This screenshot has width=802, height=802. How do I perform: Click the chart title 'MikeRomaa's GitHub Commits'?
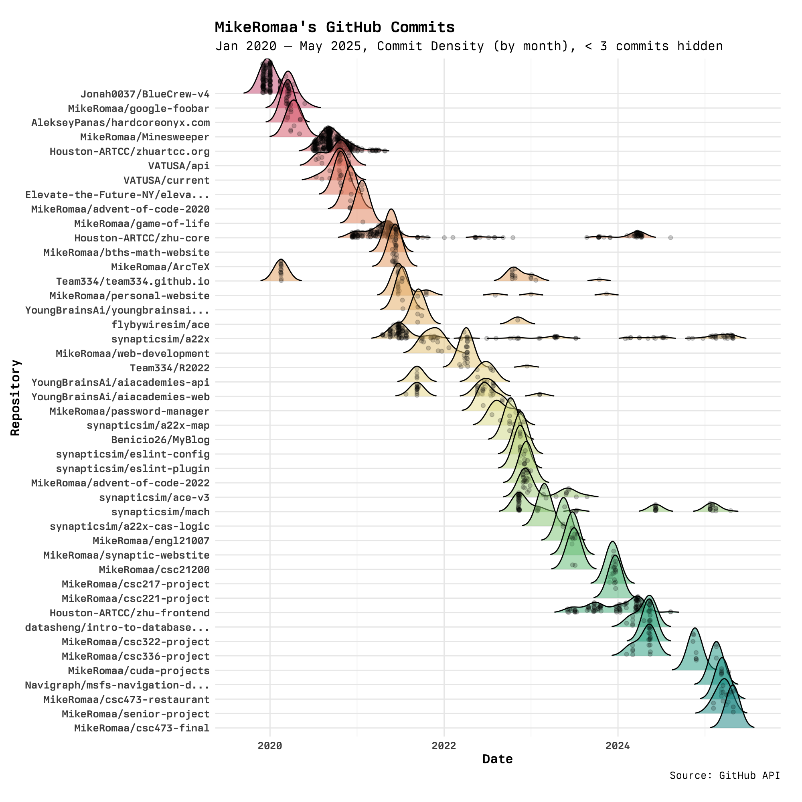click(334, 27)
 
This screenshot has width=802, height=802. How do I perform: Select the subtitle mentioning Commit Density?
click(469, 46)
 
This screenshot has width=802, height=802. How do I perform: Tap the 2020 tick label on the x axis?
click(270, 746)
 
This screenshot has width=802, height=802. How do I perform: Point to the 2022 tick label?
click(444, 746)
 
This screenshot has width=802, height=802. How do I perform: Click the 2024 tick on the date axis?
click(618, 746)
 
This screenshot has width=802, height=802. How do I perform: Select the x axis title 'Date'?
click(497, 759)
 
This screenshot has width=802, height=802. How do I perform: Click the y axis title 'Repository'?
click(15, 397)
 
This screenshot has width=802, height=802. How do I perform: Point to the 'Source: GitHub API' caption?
click(725, 776)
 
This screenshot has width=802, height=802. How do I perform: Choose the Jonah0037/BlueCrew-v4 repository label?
click(145, 94)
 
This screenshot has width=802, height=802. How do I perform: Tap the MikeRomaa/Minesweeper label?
click(145, 137)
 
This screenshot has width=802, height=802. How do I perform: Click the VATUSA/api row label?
click(179, 166)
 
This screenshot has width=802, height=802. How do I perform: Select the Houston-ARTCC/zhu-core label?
click(142, 238)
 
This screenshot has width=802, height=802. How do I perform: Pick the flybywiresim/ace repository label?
click(160, 325)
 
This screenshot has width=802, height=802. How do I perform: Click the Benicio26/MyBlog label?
click(160, 440)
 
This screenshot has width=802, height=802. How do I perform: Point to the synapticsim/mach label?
click(160, 512)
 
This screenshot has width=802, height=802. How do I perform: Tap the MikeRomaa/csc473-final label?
click(142, 728)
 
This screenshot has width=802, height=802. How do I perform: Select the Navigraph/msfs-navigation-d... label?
click(117, 685)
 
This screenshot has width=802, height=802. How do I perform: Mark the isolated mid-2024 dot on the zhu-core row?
click(670, 237)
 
